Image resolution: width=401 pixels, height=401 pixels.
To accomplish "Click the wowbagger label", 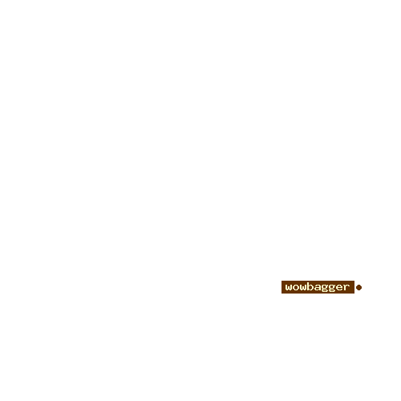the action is click(318, 287).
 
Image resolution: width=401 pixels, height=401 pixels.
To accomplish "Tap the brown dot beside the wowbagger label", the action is click(359, 287).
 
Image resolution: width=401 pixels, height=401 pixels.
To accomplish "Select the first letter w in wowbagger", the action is click(289, 287).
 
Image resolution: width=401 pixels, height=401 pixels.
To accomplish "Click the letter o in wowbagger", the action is click(296, 287).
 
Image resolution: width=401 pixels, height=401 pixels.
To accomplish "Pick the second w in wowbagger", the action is click(303, 287).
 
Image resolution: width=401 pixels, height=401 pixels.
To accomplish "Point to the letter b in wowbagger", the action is click(310, 286).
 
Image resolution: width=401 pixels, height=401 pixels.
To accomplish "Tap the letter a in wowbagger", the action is click(318, 287).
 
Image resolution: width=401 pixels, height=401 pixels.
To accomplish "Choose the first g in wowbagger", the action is click(325, 289).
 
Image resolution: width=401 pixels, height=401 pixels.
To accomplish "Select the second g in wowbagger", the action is click(332, 289).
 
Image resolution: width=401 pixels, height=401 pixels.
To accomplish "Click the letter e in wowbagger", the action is click(339, 287).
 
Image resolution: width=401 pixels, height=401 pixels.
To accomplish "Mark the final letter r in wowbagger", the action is click(346, 287).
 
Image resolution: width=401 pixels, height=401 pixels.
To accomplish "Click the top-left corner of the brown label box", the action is click(282, 281).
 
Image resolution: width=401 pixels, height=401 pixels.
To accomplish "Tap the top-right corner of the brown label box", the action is click(354, 281).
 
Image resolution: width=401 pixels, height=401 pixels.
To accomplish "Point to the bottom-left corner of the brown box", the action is click(282, 294).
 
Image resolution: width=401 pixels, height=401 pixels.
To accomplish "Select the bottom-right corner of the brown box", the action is click(354, 294).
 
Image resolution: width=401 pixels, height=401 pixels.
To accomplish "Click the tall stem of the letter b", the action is click(309, 286).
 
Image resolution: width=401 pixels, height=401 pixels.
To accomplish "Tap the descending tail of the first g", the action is click(325, 292).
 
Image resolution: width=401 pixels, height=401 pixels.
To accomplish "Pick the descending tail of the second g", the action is click(332, 292).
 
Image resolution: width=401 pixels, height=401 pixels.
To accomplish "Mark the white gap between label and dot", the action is click(355, 287).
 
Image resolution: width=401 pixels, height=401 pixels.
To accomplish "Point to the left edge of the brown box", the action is click(282, 287).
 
